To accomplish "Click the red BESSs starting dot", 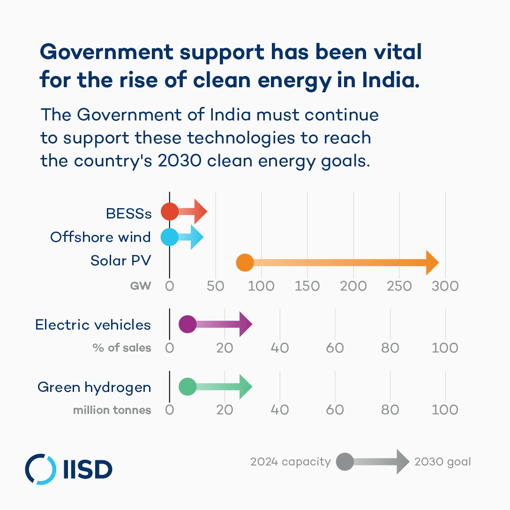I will (x=170, y=211).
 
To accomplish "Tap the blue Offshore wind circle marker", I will (x=170, y=237).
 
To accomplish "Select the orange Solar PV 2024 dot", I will (x=245, y=262).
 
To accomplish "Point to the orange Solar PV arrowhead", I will (x=432, y=262).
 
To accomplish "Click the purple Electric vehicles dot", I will (x=187, y=324).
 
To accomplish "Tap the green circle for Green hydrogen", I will (x=187, y=387).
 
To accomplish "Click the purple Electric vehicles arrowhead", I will (x=246, y=324).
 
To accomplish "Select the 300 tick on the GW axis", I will (x=445, y=285).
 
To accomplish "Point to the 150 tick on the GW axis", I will (x=307, y=285).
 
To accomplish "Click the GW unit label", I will (x=141, y=285).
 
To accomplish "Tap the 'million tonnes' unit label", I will (x=112, y=411).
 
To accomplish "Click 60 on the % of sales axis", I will (x=335, y=348).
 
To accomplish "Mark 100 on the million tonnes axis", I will (x=445, y=410).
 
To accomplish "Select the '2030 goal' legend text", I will (x=442, y=462).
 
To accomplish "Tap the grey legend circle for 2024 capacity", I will (x=345, y=462).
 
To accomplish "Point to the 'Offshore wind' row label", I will (x=100, y=237).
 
